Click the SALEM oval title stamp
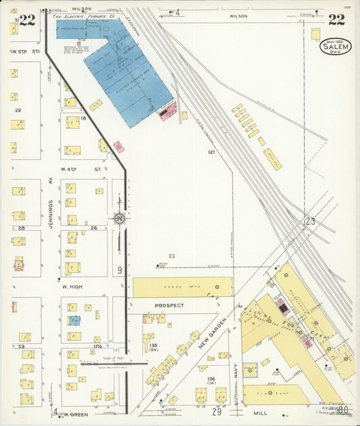tap(335, 46)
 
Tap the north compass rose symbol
tap(119, 218)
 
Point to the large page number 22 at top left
tap(27, 20)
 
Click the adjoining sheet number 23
tap(309, 221)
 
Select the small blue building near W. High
tap(74, 320)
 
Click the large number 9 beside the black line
tap(119, 271)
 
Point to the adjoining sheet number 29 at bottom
tap(217, 411)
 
